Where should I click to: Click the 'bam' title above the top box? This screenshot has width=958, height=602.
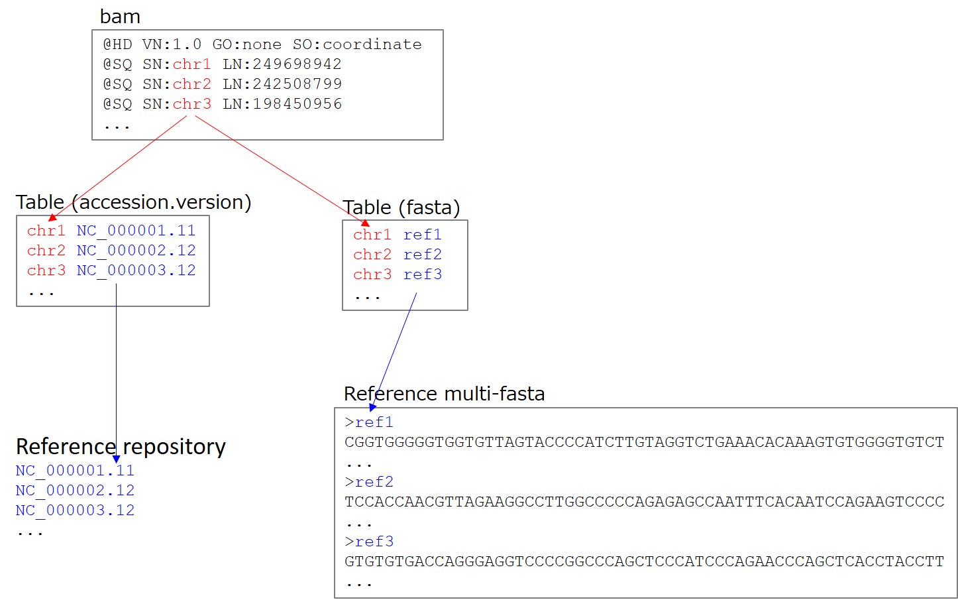point(120,17)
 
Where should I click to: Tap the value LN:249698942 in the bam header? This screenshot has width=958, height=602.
point(282,64)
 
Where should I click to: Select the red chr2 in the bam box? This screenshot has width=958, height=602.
point(192,84)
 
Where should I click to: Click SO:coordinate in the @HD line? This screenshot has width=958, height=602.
point(357,44)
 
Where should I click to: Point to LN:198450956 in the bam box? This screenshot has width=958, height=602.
point(282,104)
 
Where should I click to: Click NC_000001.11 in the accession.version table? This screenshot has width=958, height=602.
point(136,231)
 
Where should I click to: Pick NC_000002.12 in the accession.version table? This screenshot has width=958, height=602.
point(136,251)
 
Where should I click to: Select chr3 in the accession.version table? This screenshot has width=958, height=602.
point(46,271)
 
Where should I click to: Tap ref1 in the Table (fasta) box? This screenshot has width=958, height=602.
point(423,235)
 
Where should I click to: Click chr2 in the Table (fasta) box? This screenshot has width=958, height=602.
point(372,255)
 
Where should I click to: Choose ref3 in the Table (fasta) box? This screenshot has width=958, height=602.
point(423,274)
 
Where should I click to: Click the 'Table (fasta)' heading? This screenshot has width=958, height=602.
point(401,208)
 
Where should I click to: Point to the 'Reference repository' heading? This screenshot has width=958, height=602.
point(121,447)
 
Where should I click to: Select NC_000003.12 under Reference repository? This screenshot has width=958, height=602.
point(75,511)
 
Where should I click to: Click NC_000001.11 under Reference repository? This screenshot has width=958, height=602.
point(75,471)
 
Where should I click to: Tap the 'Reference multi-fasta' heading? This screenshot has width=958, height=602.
point(444,394)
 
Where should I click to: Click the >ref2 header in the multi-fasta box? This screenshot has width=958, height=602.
point(369,482)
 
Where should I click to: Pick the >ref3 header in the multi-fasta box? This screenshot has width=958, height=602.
point(369,542)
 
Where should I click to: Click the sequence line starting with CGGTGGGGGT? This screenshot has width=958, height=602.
point(644,442)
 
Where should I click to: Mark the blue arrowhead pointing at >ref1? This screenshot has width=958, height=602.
point(372,407)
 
